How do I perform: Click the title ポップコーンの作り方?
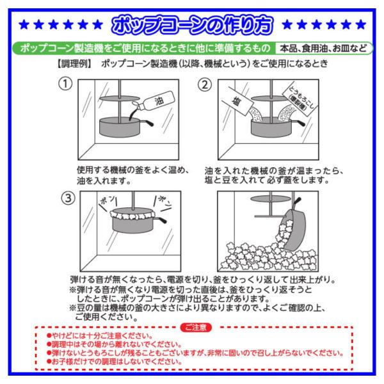point(192,25)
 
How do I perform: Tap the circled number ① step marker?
point(65,84)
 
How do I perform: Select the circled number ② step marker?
point(205,85)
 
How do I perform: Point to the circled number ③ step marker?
point(68,198)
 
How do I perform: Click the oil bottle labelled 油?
point(155,101)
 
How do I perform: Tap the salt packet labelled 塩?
point(237,101)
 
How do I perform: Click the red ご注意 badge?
point(196,328)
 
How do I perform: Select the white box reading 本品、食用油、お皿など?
point(323,48)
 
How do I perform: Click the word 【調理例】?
point(74,64)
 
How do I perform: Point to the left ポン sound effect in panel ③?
point(108,202)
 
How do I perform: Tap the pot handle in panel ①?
point(147,122)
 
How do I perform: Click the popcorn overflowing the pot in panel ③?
point(132,214)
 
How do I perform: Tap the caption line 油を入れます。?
point(104,181)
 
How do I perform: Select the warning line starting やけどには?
point(100,336)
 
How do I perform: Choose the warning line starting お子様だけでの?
point(114,362)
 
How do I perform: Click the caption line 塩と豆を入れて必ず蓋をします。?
point(267,180)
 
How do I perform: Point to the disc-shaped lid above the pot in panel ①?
point(119,99)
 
